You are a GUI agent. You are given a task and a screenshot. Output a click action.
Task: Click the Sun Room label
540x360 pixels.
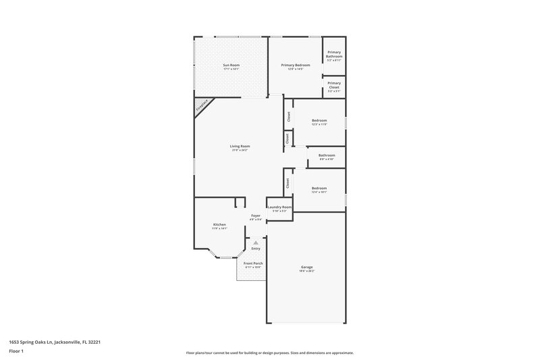pyautogui.click(x=232, y=65)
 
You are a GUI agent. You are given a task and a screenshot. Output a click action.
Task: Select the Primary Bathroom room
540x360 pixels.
pyautogui.click(x=334, y=55)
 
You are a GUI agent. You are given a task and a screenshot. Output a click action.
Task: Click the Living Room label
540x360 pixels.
pyautogui.click(x=240, y=146)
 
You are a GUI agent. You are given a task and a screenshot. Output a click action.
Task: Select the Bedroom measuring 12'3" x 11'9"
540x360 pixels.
pyautogui.click(x=319, y=122)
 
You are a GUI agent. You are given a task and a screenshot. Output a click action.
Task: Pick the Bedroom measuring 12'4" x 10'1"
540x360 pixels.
pyautogui.click(x=319, y=188)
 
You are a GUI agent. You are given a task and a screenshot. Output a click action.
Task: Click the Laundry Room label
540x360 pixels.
pyautogui.click(x=279, y=207)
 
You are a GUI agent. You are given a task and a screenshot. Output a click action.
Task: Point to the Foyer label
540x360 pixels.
pyautogui.click(x=256, y=215)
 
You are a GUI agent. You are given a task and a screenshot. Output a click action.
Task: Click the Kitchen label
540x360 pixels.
pyautogui.click(x=219, y=224)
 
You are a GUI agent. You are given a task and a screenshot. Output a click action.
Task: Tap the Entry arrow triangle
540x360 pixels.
pyautogui.click(x=255, y=242)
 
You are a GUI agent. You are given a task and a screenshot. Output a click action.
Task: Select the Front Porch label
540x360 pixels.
pyautogui.click(x=253, y=263)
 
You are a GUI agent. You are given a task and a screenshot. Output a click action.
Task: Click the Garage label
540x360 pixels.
pyautogui.click(x=306, y=267)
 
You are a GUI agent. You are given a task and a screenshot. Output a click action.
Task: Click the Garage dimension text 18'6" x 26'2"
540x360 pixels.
pyautogui.click(x=306, y=271)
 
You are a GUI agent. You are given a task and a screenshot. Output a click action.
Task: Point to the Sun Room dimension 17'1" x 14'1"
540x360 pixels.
pyautogui.click(x=232, y=69)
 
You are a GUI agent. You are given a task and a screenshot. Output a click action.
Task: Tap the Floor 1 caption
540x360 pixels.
pyautogui.click(x=16, y=351)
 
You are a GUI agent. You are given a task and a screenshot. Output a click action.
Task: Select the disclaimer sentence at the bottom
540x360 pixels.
pyautogui.click(x=269, y=353)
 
